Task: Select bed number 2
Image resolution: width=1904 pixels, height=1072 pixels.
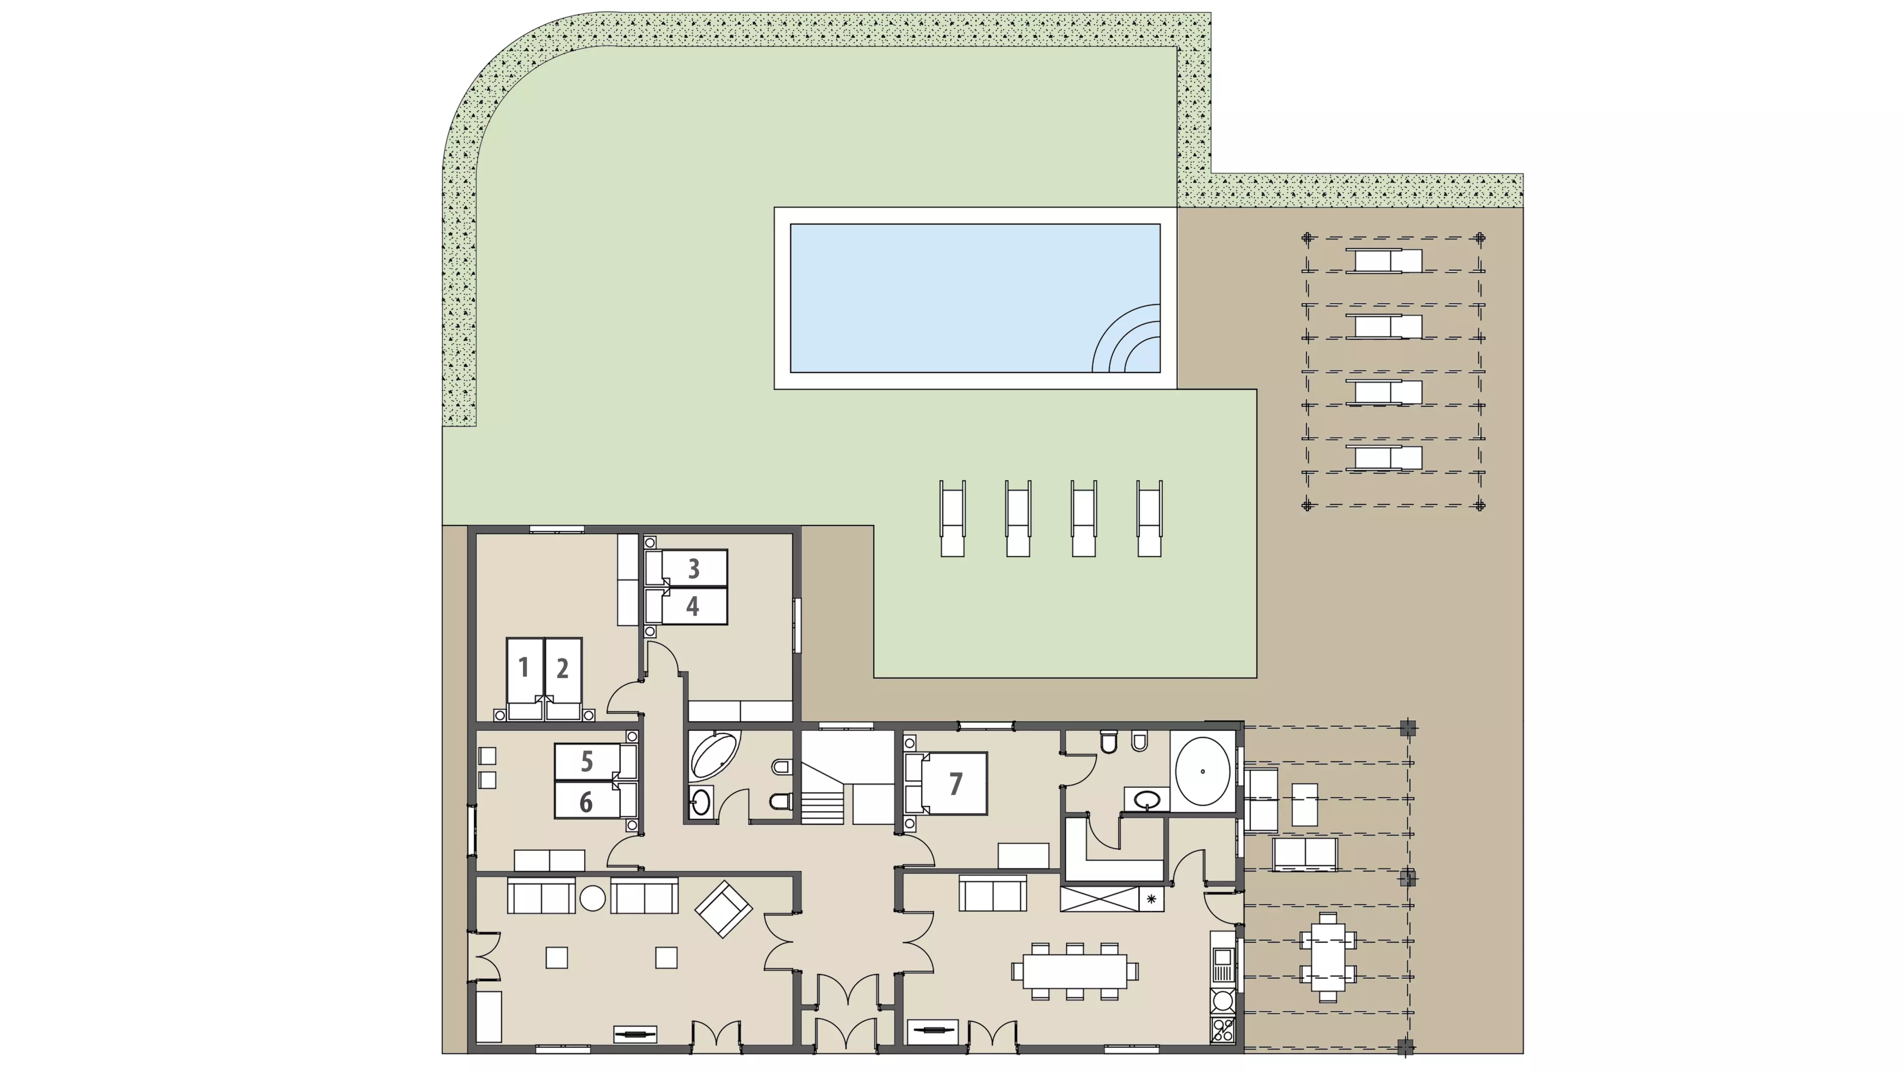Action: (563, 679)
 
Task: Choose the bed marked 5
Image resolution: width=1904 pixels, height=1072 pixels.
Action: (595, 761)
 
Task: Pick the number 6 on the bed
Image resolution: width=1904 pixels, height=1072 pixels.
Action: (586, 802)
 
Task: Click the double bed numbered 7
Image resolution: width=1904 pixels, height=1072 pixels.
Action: (946, 784)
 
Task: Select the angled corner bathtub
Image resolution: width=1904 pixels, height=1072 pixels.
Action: (714, 756)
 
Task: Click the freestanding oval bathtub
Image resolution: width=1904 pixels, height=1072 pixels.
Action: (1202, 771)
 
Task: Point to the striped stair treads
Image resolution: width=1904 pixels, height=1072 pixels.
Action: (822, 807)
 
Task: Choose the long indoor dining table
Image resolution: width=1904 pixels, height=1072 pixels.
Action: (1074, 971)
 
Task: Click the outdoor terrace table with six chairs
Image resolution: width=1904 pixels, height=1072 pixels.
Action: (1328, 957)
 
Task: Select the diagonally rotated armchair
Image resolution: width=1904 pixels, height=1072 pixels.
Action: (723, 909)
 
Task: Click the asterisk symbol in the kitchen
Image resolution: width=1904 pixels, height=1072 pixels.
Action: (1151, 899)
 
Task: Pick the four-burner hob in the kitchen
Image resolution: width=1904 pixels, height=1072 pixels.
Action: (1223, 1030)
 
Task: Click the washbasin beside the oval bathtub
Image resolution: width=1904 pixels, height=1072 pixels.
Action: (1146, 799)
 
